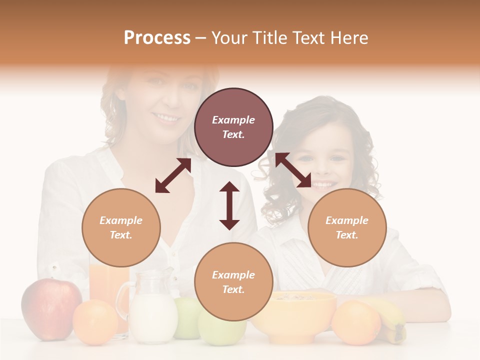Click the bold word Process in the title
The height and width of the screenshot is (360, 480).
(x=157, y=38)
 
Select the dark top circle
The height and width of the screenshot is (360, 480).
(x=233, y=127)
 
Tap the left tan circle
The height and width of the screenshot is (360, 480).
(x=121, y=227)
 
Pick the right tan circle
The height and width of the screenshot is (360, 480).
(x=347, y=227)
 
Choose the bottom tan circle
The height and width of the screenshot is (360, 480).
(x=233, y=282)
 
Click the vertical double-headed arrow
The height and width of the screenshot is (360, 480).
(x=229, y=205)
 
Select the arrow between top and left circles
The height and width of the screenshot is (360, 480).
(x=173, y=175)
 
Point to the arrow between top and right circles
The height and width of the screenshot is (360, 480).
(x=293, y=170)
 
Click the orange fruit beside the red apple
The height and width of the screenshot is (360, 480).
(x=95, y=322)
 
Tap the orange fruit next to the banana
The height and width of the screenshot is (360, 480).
(x=356, y=322)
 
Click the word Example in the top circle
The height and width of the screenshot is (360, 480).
(x=233, y=120)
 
